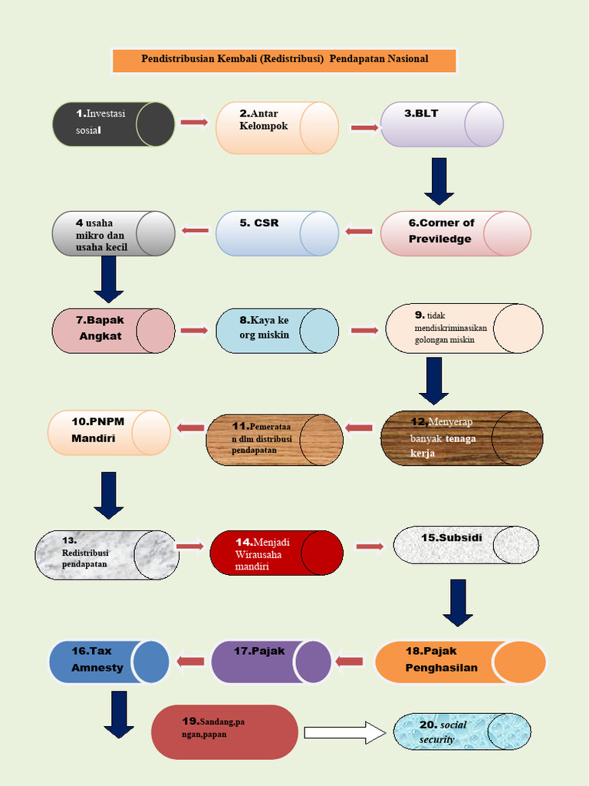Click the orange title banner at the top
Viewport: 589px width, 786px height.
(x=284, y=60)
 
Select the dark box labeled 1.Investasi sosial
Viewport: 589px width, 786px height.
(x=114, y=124)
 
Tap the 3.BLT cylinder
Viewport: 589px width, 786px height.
(x=442, y=124)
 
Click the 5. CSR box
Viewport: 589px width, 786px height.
(x=277, y=233)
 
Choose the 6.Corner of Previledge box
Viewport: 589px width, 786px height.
(x=456, y=233)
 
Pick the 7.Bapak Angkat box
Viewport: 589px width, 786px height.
(x=114, y=331)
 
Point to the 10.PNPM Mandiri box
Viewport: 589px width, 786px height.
(x=109, y=433)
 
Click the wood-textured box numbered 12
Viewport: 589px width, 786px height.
(x=462, y=438)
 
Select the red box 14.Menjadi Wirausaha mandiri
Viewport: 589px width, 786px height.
(x=276, y=553)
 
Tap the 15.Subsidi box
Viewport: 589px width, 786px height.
(x=466, y=545)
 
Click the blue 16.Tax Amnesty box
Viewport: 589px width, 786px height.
(x=109, y=662)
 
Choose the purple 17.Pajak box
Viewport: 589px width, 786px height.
(x=271, y=662)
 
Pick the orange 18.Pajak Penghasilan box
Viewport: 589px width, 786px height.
(x=461, y=662)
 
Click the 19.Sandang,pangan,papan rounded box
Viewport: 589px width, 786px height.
(x=225, y=732)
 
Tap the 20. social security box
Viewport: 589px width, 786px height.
(x=462, y=732)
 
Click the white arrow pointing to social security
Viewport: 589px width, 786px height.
(x=345, y=733)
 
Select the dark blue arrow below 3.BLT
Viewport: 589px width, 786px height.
(x=439, y=181)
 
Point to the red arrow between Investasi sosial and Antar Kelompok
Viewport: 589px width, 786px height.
(x=194, y=122)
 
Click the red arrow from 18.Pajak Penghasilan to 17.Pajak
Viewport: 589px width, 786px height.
(x=349, y=662)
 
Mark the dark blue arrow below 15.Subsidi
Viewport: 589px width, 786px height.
(x=458, y=603)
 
